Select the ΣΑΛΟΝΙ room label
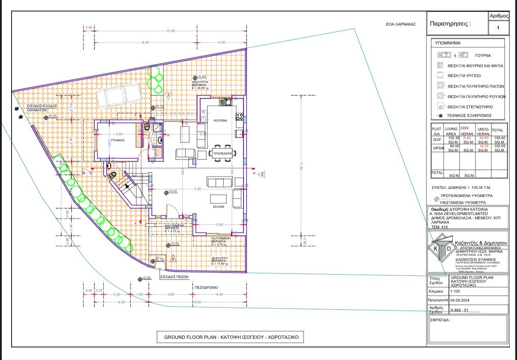click(219, 207)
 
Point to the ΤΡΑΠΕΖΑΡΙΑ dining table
click(221, 153)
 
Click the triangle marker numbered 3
click(168, 94)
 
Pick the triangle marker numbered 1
click(173, 259)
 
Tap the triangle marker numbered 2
click(262, 174)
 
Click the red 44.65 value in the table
click(484, 138)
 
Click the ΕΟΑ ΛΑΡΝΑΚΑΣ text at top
click(401, 24)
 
